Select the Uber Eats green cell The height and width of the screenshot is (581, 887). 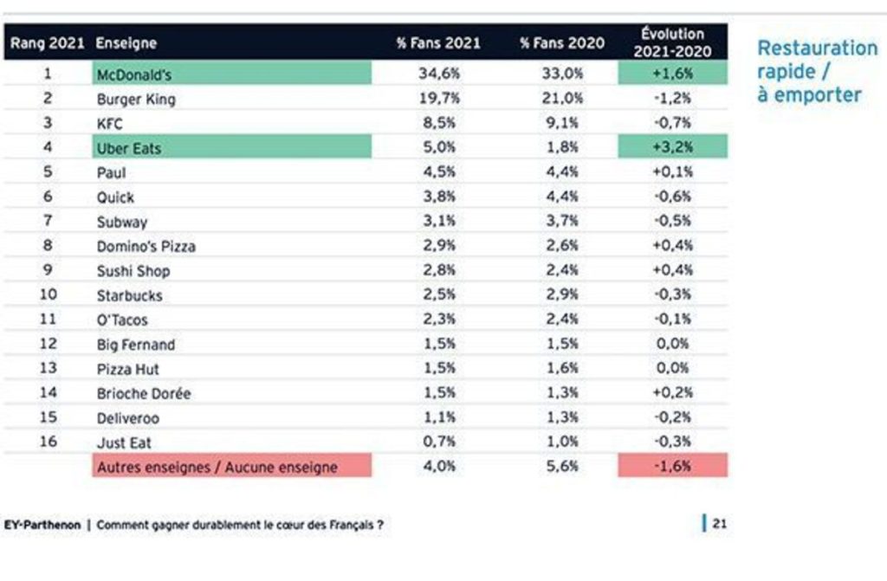[231, 148]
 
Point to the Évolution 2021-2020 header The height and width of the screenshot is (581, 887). [672, 42]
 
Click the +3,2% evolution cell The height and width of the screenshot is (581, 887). [672, 148]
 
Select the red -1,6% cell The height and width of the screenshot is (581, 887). [672, 467]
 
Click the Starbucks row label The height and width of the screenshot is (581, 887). [129, 295]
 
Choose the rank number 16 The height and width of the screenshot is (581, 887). [48, 442]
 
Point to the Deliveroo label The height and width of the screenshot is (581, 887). [127, 417]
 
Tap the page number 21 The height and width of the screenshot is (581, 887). [719, 524]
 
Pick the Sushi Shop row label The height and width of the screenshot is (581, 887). [133, 271]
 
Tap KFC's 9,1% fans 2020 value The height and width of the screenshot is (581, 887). [563, 124]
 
